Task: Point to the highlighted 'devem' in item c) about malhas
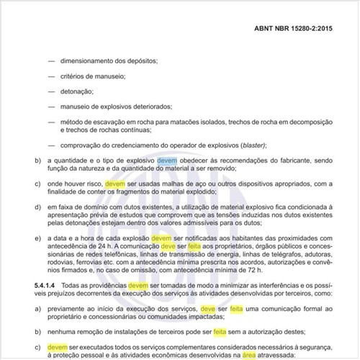[x=114, y=184]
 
